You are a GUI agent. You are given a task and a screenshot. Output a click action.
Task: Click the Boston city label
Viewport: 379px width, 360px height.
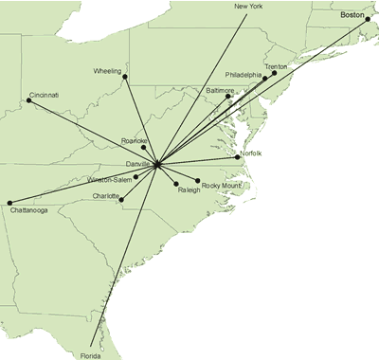click(x=352, y=16)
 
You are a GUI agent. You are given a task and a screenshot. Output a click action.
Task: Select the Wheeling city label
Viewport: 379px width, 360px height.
click(x=108, y=71)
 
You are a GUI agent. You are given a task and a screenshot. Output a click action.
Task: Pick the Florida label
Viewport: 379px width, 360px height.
click(x=90, y=355)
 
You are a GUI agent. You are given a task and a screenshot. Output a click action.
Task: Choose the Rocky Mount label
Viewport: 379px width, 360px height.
click(x=222, y=186)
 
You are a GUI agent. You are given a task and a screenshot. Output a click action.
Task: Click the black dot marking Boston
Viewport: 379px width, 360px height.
click(x=367, y=20)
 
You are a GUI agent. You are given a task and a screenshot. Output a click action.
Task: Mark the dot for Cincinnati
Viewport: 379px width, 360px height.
click(x=28, y=99)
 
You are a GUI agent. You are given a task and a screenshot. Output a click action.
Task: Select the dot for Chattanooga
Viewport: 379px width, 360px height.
click(x=9, y=202)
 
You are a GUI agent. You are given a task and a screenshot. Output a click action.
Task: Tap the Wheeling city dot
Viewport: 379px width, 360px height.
click(x=124, y=77)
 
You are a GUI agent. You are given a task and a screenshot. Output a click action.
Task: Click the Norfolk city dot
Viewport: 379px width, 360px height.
click(x=238, y=157)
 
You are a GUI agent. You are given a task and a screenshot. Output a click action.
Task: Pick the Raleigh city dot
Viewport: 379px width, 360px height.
click(x=176, y=183)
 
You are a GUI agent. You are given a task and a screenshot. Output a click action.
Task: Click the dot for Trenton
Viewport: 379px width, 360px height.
click(x=275, y=73)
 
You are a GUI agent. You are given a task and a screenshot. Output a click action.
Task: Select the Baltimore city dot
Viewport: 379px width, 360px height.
click(x=228, y=96)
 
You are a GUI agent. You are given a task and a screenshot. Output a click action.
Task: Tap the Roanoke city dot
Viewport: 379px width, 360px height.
click(x=143, y=147)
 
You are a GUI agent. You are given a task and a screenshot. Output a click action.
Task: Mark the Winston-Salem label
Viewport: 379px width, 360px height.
click(x=112, y=179)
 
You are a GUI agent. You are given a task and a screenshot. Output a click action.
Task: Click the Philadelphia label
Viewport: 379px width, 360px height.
click(x=244, y=74)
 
